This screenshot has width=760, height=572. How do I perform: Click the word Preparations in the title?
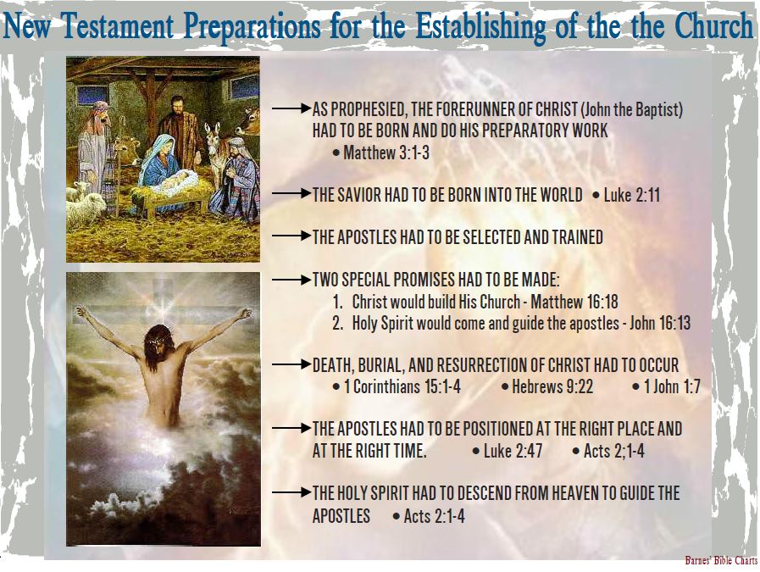(252, 27)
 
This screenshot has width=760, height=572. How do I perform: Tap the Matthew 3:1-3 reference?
(386, 153)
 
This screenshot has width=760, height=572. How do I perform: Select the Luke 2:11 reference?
(631, 195)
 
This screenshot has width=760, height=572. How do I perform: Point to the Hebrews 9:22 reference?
(552, 386)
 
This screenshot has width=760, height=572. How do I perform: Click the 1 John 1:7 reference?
(672, 386)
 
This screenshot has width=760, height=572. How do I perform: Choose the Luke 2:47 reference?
(513, 451)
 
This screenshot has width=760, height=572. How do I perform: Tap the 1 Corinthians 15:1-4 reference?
(402, 386)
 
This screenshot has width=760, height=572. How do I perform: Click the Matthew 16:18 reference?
(574, 302)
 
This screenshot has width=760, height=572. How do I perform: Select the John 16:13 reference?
(660, 323)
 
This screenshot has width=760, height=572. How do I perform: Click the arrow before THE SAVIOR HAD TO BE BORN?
(291, 193)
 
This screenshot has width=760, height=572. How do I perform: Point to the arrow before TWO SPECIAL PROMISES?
(291, 280)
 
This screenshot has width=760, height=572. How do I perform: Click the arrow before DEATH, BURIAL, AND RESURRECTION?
(291, 364)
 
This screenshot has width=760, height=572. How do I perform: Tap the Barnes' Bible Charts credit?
(721, 560)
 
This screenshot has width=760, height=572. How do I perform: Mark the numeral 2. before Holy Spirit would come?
(338, 323)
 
